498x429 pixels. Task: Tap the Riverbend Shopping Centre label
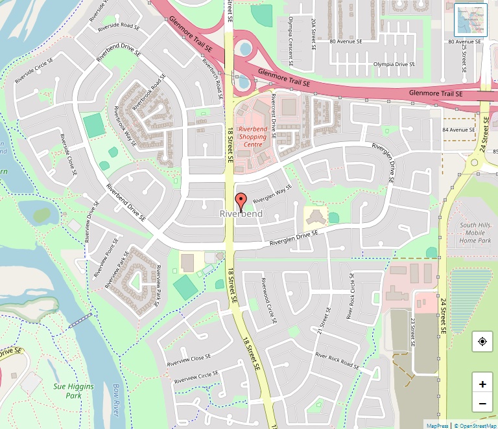pos(252,137)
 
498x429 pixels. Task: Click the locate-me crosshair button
pos(482,342)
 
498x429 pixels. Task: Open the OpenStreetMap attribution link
pos(475,425)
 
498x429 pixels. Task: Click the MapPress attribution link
pos(438,425)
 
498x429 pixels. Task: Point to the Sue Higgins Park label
pos(74,391)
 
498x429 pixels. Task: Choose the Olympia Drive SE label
pos(394,64)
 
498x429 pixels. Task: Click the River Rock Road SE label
pos(337,360)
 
